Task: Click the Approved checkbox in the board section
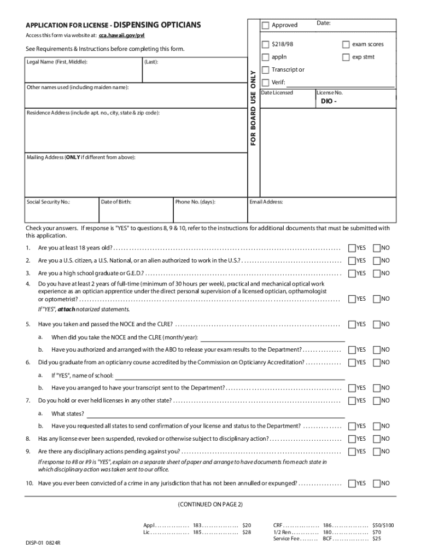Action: click(x=266, y=25)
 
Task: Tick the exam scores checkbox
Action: click(x=346, y=44)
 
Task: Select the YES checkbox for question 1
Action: click(x=352, y=248)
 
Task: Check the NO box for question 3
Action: click(x=377, y=273)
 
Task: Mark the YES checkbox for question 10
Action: click(x=352, y=483)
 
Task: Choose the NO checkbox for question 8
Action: click(x=377, y=439)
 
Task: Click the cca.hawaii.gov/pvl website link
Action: click(x=121, y=36)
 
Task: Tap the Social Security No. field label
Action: click(x=48, y=202)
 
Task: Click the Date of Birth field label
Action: click(x=116, y=202)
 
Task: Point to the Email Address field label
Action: click(x=266, y=202)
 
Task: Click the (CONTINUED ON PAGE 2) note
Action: click(x=210, y=504)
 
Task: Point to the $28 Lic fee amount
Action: click(x=247, y=532)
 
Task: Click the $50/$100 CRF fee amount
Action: click(x=383, y=525)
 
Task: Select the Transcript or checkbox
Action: click(x=266, y=70)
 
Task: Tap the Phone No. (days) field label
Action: click(x=195, y=202)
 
